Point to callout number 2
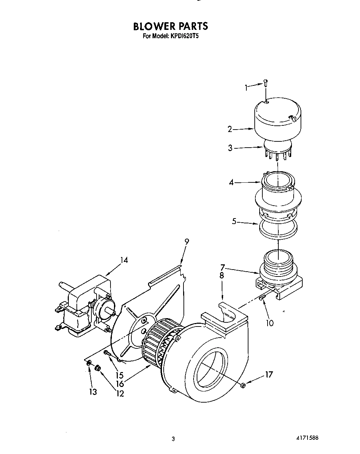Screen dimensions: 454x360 pos(230,129)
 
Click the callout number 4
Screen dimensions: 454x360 pos(231,182)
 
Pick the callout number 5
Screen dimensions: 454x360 pos(234,221)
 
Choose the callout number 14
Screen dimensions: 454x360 pos(124,260)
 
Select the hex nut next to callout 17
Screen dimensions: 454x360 pos(243,385)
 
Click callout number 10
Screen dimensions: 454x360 pos(270,323)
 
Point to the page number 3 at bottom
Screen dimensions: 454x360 pos(173,439)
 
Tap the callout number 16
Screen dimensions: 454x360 pos(120,384)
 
